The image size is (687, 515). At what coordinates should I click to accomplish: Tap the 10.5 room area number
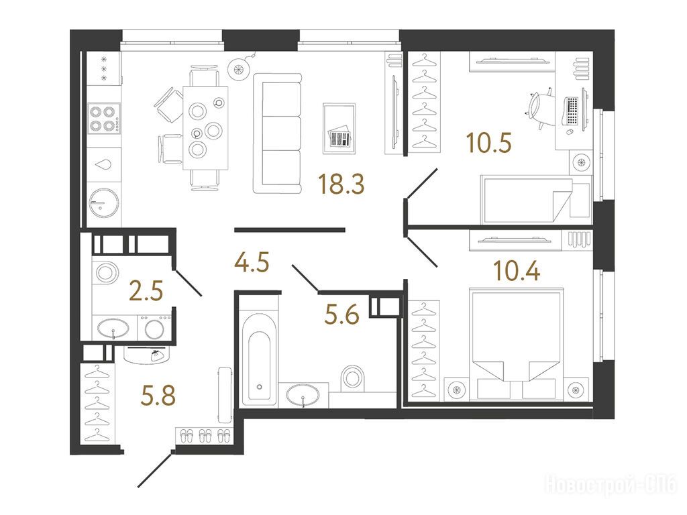[x=488, y=143]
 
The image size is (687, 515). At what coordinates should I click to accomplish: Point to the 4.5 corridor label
[x=252, y=263]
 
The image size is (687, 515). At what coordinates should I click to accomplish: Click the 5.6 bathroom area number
[x=341, y=314]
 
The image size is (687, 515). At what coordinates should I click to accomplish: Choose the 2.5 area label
[x=146, y=291]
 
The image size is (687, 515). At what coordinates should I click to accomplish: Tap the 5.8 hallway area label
[x=158, y=395]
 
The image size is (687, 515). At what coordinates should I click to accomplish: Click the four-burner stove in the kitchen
[x=104, y=118]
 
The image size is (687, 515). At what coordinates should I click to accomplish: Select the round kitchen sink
[x=104, y=203]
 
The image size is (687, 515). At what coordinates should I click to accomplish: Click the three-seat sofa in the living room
[x=278, y=133]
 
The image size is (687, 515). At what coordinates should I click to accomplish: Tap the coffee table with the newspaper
[x=339, y=128]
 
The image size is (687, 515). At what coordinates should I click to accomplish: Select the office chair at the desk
[x=539, y=107]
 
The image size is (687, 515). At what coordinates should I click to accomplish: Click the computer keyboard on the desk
[x=572, y=111]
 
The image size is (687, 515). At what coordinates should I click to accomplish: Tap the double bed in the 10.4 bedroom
[x=516, y=343]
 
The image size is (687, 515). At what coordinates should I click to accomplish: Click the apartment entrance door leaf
[x=155, y=470]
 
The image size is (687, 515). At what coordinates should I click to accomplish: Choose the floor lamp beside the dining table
[x=239, y=69]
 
